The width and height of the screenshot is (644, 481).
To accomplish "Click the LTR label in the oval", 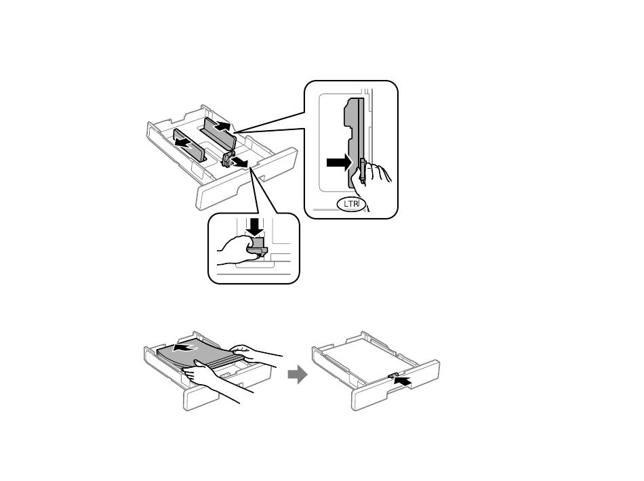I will pos(351,203).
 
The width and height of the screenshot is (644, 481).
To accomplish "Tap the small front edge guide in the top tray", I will pos(228,159).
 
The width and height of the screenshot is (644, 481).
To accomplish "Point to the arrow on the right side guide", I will pos(222,126).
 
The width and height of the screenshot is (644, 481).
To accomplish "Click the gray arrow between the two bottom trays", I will pos(297,374).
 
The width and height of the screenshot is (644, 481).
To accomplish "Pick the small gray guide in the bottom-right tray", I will pos(393,374).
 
